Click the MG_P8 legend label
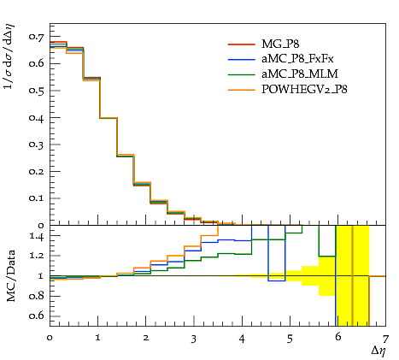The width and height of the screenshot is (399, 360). [280, 44]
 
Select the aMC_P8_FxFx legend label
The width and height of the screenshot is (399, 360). [297, 59]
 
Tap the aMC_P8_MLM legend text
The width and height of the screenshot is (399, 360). [300, 74]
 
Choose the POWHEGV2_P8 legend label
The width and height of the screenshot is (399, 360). [304, 90]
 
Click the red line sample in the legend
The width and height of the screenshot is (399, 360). [242, 44]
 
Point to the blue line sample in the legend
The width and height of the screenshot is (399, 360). [242, 59]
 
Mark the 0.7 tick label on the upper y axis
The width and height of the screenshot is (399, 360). [36, 37]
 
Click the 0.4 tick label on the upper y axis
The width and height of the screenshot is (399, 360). [36, 117]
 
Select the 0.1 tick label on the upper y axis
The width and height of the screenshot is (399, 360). [36, 198]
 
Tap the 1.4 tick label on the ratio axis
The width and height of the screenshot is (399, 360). [37, 237]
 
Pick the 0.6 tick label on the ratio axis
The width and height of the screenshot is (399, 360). [36, 316]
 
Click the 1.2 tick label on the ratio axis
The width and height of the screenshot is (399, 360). [37, 256]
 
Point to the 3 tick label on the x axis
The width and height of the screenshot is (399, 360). [194, 339]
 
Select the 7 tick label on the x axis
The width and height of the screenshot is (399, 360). [385, 339]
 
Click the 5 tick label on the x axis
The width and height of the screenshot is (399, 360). [290, 339]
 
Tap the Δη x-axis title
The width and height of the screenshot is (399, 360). [378, 351]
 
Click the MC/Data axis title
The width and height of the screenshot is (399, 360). [10, 276]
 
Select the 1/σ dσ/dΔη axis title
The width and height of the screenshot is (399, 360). [9, 56]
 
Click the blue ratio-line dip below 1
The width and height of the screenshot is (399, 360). [276, 280]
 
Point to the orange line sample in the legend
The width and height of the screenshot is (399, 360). [242, 90]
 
